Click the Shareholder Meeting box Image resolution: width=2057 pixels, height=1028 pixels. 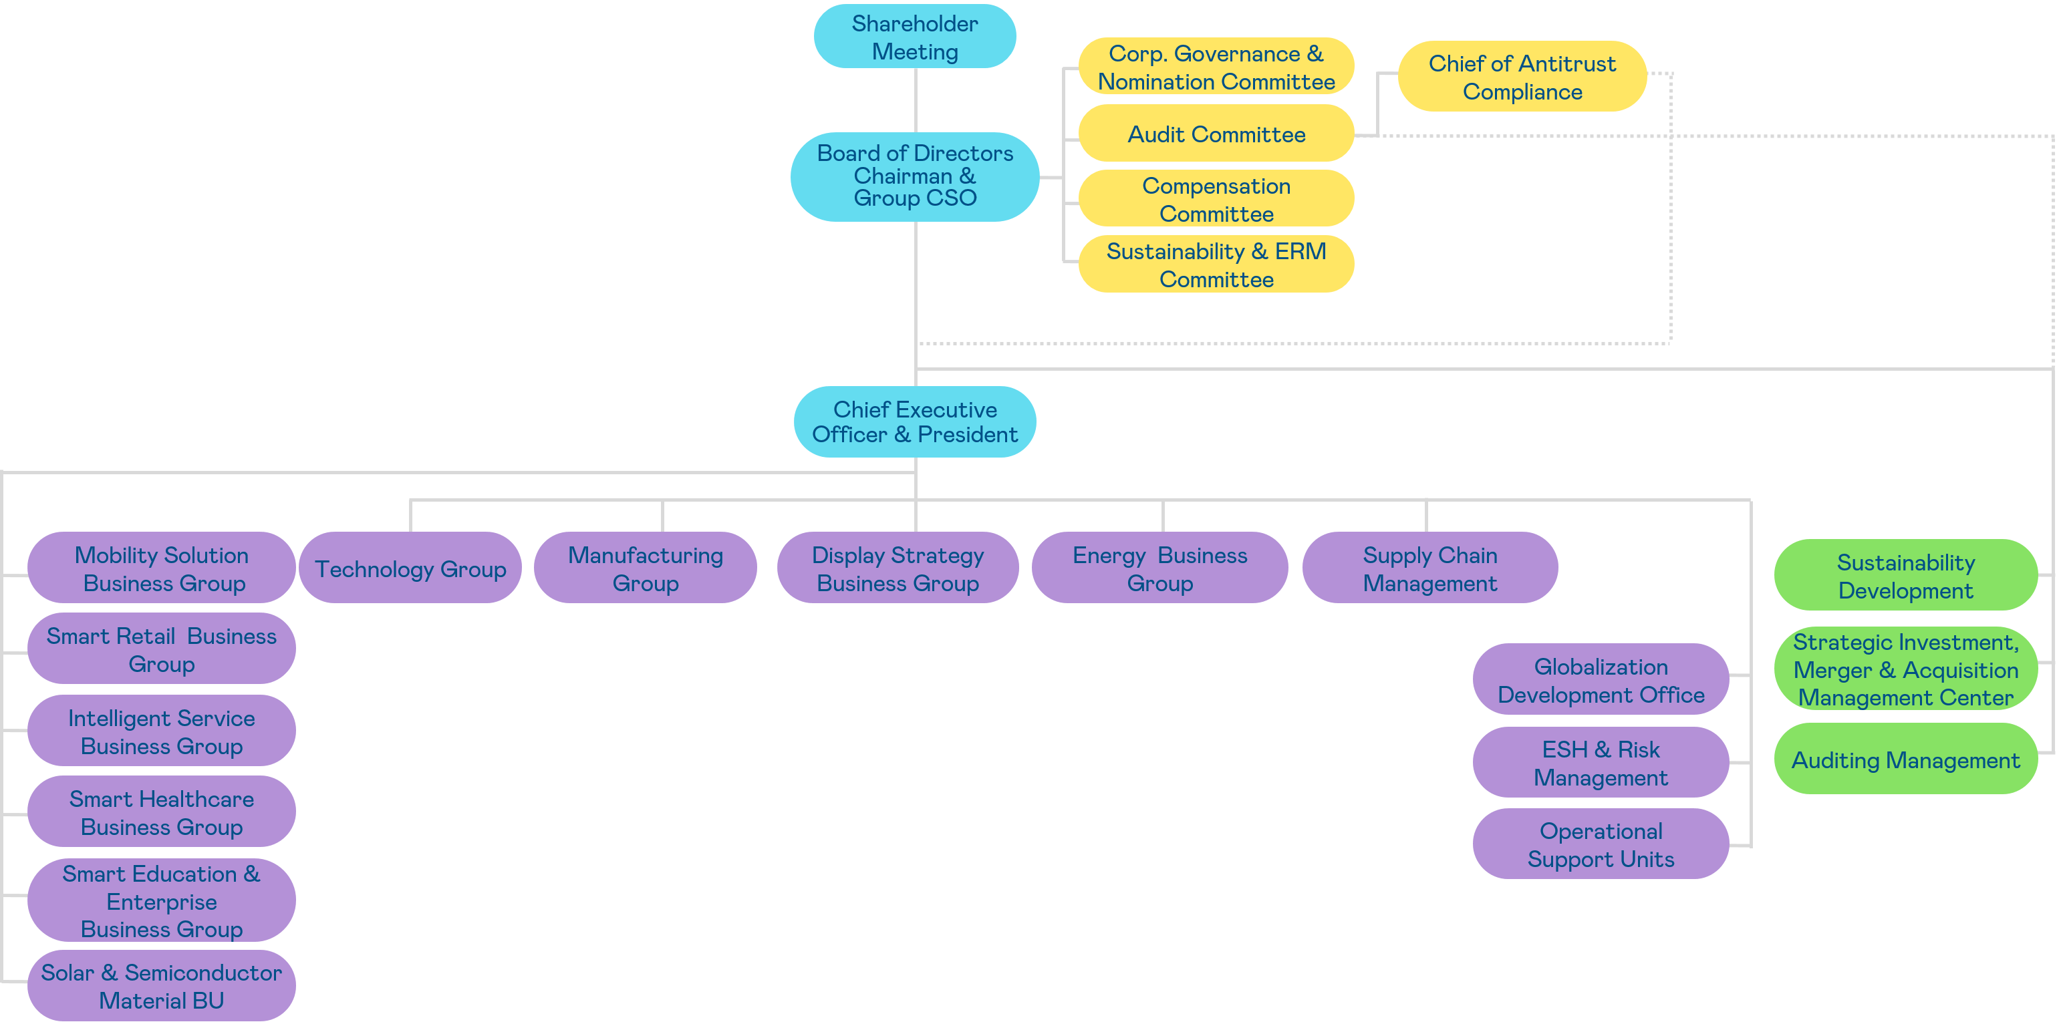click(914, 37)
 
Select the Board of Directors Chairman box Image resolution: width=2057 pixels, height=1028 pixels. click(914, 176)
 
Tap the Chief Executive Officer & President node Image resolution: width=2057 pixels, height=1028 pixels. click(914, 421)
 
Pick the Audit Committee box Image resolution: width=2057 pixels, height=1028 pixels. click(1216, 134)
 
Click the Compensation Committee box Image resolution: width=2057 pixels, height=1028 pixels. click(1216, 199)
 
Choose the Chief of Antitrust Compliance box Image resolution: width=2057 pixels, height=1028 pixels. click(1521, 77)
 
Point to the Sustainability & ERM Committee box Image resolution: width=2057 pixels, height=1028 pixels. click(1216, 265)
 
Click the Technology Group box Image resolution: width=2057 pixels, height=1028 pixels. click(410, 568)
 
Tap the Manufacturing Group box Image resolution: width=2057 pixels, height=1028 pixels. click(645, 568)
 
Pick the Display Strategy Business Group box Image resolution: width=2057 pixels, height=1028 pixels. click(898, 568)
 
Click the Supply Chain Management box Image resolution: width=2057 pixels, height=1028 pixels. click(1429, 568)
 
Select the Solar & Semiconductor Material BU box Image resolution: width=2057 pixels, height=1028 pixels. click(161, 986)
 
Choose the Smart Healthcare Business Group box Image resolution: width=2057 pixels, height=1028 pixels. click(161, 812)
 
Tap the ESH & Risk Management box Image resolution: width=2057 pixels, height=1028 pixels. click(1601, 762)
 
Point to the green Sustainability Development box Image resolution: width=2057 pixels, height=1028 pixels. click(1905, 576)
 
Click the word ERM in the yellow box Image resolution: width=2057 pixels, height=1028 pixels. click(1300, 251)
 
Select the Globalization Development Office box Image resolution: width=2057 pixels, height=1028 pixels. click(1601, 679)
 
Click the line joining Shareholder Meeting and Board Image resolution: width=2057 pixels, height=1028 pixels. click(915, 100)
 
